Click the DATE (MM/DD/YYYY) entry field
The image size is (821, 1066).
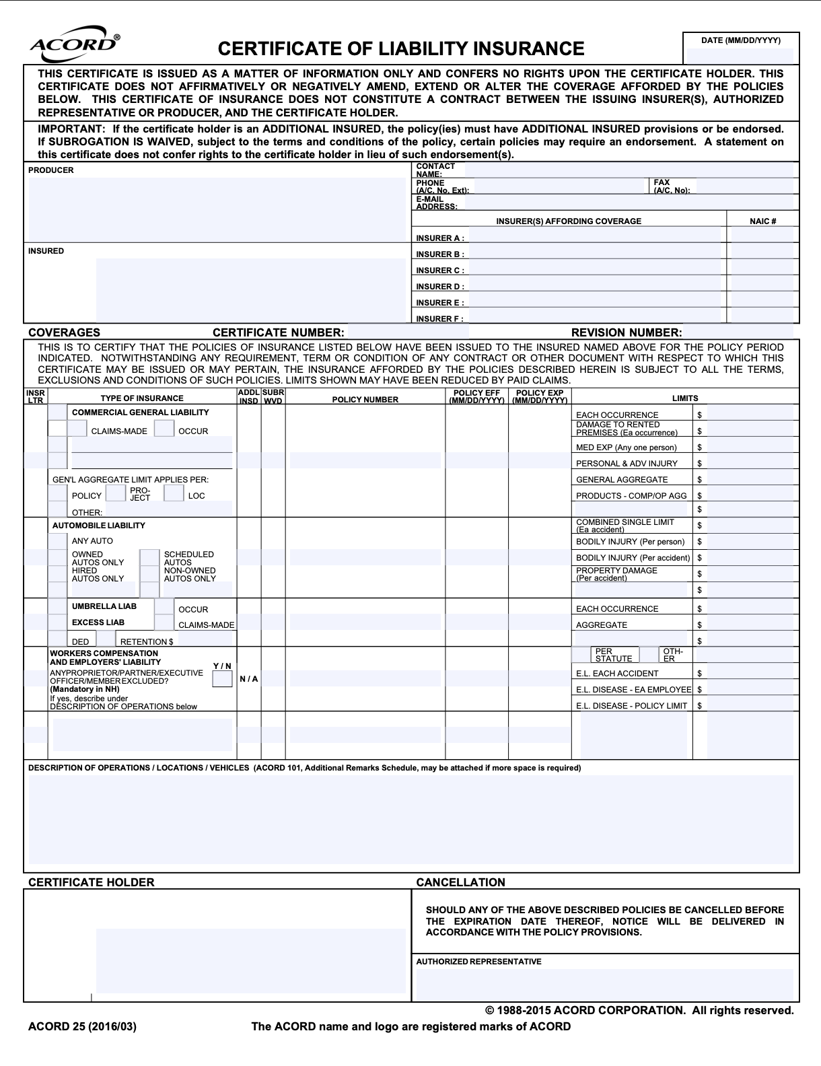[740, 56]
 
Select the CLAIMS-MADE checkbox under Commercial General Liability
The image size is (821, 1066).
[77, 429]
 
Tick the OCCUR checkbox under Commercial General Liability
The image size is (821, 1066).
[164, 429]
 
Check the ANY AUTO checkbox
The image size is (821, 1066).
[58, 541]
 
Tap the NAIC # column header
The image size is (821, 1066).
[762, 221]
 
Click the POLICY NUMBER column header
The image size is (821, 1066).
[365, 400]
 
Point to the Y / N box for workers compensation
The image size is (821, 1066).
[222, 679]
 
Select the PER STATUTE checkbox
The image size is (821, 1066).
[581, 655]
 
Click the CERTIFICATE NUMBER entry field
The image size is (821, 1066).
[408, 332]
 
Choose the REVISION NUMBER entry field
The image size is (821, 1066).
[738, 332]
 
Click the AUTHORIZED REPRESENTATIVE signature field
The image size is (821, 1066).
[606, 984]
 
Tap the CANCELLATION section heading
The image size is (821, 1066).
[460, 882]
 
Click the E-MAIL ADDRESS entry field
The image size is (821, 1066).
[631, 203]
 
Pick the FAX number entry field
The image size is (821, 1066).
[747, 186]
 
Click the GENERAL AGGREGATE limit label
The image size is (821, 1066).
[622, 480]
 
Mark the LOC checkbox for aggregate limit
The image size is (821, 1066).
[174, 493]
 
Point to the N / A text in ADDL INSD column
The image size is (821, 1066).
[249, 679]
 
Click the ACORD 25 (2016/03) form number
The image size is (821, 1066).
[82, 1026]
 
